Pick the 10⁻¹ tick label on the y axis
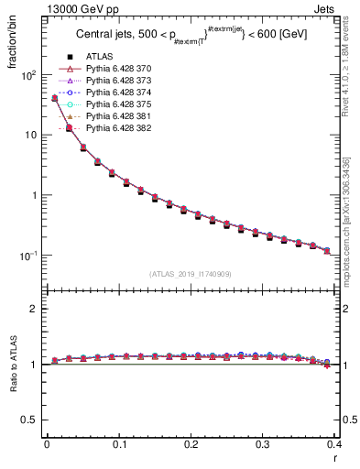(x=27, y=256)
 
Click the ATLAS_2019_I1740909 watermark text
(x=191, y=274)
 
